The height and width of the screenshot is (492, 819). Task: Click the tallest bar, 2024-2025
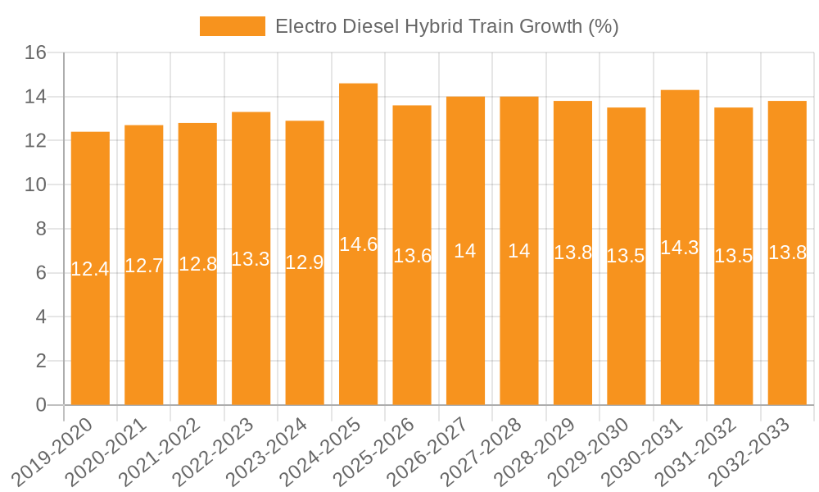point(358,328)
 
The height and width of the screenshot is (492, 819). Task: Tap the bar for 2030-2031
point(680,328)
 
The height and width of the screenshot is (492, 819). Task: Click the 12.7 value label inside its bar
point(144,266)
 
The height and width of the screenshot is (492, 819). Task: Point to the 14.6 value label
point(358,244)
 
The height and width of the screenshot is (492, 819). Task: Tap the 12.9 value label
point(305,262)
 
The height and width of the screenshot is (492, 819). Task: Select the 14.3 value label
point(680,248)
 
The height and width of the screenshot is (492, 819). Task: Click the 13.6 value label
point(412,255)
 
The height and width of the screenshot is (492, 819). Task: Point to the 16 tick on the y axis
point(36,53)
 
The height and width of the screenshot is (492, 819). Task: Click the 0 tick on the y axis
point(42,405)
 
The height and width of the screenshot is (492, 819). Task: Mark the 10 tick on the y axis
point(36,185)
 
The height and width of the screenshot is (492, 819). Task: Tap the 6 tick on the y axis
point(42,273)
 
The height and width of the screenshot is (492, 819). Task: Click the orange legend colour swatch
point(233,26)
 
